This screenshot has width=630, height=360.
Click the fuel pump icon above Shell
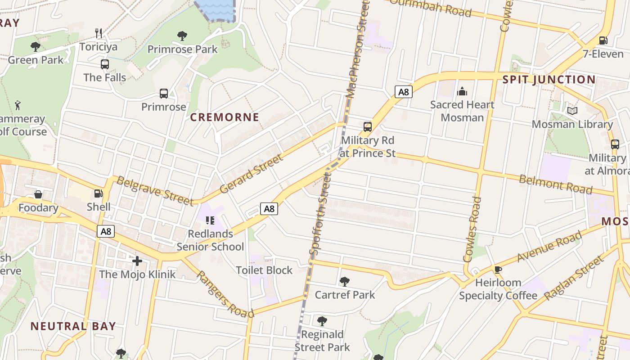(98, 194)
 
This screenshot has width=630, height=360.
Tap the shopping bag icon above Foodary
(38, 194)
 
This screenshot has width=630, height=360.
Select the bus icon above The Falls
(105, 64)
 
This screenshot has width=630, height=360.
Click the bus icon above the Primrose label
(164, 94)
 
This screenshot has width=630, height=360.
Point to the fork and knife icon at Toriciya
(99, 33)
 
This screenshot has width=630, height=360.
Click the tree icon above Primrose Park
(182, 36)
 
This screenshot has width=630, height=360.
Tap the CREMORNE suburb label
(225, 117)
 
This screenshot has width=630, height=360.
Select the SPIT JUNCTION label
(549, 80)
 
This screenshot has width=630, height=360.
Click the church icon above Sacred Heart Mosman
(462, 92)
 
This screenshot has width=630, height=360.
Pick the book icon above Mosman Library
(572, 111)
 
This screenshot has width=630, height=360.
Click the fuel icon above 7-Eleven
(603, 40)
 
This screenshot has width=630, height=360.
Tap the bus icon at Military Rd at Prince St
(368, 126)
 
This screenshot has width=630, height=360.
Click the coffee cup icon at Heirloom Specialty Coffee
(498, 270)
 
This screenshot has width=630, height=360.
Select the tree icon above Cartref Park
(345, 282)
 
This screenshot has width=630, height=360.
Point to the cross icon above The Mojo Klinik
(137, 261)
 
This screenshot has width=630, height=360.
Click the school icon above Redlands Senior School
(210, 220)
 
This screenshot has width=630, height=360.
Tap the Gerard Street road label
(252, 174)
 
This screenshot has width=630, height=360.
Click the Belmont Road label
(556, 184)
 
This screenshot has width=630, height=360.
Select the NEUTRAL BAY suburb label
(73, 326)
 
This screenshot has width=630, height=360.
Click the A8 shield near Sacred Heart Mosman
(403, 92)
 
